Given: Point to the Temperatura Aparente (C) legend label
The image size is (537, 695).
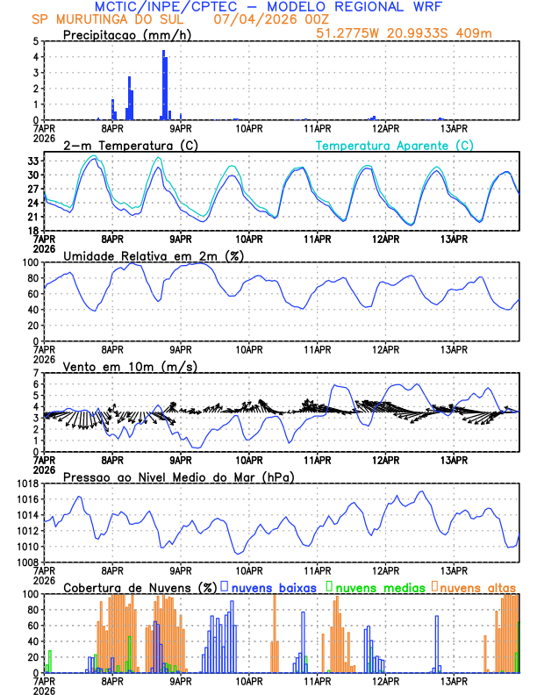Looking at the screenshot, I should point(395,145).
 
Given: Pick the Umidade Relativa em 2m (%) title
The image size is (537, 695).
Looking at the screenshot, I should point(153,255).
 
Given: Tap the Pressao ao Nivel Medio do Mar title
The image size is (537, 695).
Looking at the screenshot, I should point(178,476).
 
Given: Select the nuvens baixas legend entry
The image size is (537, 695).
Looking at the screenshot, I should point(274,587).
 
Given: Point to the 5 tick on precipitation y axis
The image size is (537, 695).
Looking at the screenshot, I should point(34,41).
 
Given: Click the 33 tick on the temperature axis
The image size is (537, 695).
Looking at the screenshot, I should point(32,161).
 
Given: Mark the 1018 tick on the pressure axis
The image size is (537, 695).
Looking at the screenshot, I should point(27,484).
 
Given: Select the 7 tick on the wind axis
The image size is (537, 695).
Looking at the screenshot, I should point(34,373).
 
